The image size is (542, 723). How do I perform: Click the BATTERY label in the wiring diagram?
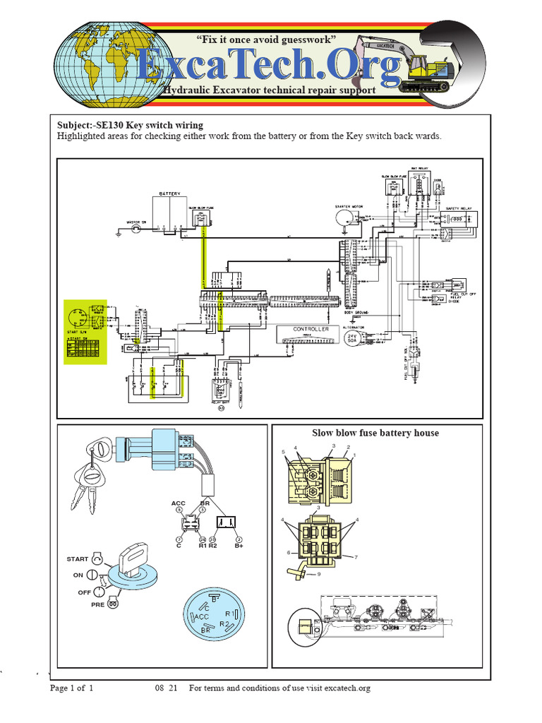[x=170, y=193]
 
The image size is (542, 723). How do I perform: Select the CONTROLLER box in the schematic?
[x=311, y=329]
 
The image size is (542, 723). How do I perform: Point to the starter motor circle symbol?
[x=343, y=217]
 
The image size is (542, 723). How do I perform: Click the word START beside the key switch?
[x=78, y=558]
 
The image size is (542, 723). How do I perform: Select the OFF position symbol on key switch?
[x=103, y=591]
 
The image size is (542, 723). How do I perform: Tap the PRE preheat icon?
[x=111, y=605]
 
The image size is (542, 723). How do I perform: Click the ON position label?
[x=78, y=575]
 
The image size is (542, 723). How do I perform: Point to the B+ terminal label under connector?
[x=239, y=546]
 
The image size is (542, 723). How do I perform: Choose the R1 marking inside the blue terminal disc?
[x=229, y=613]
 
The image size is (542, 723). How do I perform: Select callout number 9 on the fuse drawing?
[x=319, y=574]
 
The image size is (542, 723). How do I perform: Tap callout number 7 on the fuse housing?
[x=357, y=557]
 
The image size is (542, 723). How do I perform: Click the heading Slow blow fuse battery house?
[x=375, y=433]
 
